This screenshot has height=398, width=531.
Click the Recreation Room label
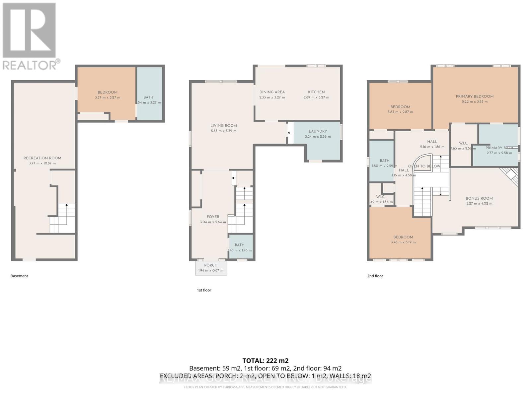(42, 158)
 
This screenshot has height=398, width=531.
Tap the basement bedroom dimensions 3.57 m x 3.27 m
(108, 98)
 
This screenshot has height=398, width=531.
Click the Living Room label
(224, 126)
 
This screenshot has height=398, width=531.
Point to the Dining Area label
(272, 92)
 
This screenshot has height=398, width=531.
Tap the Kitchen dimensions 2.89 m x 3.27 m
(316, 98)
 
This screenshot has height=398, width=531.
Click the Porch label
(211, 265)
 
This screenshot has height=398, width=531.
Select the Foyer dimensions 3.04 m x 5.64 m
(213, 222)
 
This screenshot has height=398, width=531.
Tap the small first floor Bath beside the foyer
(240, 247)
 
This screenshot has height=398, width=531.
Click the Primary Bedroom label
(475, 97)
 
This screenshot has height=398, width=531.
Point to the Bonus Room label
(479, 198)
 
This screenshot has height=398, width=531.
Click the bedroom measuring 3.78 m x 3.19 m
(403, 239)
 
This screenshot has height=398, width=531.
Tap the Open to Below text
(424, 166)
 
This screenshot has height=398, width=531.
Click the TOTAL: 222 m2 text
(265, 361)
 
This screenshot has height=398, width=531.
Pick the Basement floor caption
(19, 276)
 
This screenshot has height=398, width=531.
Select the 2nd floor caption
(375, 276)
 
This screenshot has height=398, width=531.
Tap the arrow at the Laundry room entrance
(290, 133)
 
